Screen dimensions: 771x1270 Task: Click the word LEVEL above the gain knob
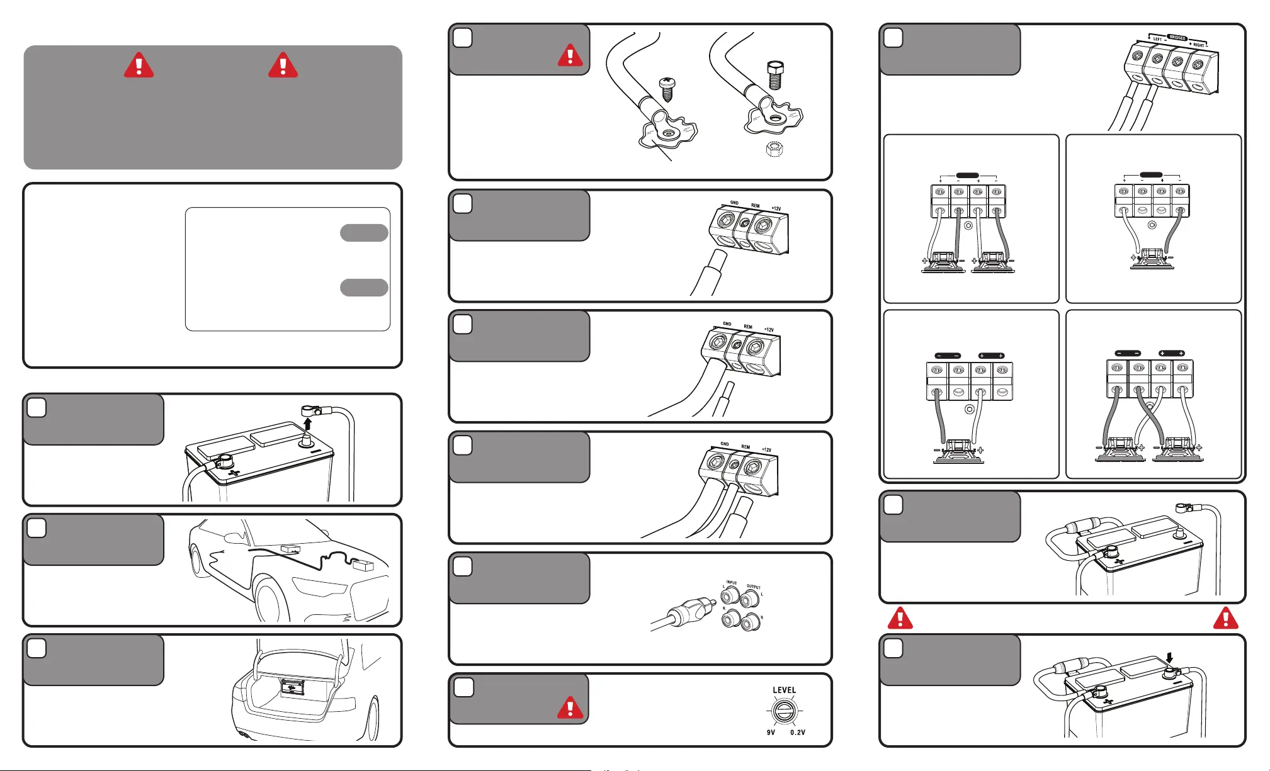784,690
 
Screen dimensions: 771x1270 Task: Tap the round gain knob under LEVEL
785,712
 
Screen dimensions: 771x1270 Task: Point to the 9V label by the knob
771,733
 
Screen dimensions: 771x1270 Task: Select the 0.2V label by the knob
797,733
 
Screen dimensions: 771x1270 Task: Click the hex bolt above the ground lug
776,75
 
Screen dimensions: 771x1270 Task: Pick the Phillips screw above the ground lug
666,89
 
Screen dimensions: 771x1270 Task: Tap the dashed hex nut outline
775,150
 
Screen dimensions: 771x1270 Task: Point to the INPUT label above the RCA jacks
731,583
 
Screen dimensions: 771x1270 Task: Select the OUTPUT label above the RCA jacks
753,587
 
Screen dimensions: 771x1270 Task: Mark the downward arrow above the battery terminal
1169,658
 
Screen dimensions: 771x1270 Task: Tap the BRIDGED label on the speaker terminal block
1177,38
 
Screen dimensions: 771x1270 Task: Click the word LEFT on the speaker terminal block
1157,39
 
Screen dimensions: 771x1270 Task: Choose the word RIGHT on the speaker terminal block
1198,45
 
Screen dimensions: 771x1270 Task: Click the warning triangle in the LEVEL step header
570,707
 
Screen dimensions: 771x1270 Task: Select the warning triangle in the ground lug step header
570,55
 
